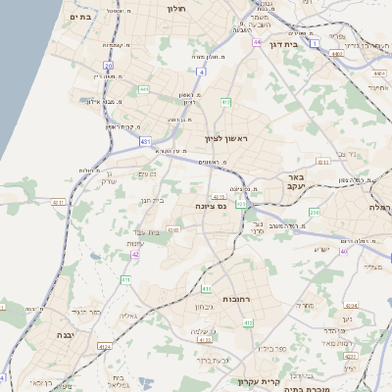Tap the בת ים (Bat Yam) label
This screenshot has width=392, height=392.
tap(81, 17)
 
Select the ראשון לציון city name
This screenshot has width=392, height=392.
tap(227, 139)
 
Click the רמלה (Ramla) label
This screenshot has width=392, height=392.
tap(379, 208)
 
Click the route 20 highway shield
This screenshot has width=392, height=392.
tap(108, 66)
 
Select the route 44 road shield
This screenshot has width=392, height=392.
tap(257, 42)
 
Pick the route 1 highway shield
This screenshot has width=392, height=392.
tap(314, 44)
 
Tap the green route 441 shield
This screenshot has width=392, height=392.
tap(144, 89)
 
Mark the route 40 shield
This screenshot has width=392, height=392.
tap(343, 252)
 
